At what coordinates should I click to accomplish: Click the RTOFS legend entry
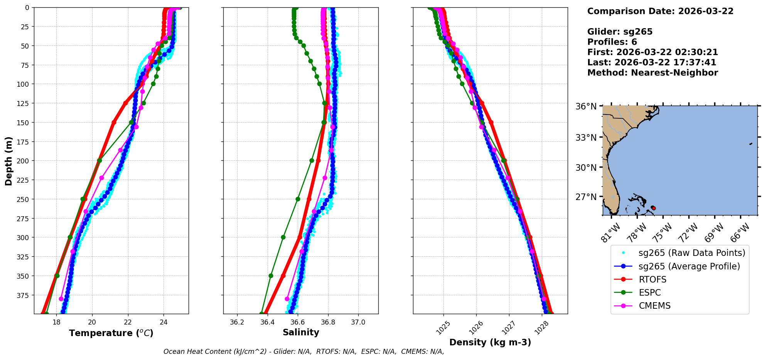652,279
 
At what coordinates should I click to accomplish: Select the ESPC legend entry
650,293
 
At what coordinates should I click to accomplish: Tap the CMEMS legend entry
654,306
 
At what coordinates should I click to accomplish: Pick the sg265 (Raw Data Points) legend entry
692,253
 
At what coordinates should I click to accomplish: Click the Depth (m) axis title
8,161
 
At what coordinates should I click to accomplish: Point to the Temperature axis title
111,333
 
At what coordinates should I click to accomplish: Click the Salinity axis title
301,332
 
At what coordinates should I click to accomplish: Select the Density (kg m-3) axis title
490,342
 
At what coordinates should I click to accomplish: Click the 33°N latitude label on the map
586,138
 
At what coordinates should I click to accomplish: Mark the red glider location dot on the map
653,208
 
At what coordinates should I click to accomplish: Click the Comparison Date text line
660,11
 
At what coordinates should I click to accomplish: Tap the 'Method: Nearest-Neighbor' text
652,73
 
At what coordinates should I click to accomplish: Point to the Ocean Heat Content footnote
303,352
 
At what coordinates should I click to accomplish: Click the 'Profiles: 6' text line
612,42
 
